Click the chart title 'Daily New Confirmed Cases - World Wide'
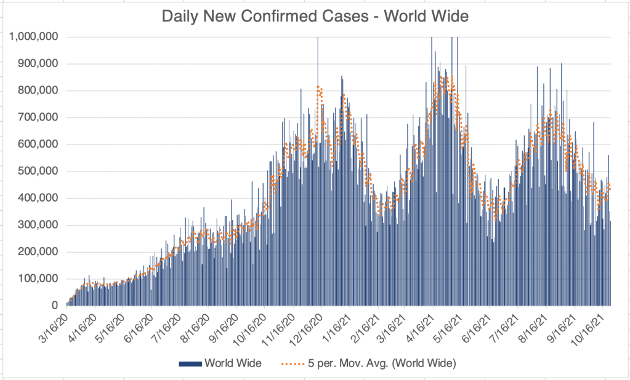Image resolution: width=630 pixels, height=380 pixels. tap(315, 16)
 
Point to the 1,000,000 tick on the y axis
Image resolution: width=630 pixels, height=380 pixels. tap(34, 37)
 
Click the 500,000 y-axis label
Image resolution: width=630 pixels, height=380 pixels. tap(37, 172)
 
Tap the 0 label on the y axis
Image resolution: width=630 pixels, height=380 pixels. tap(55, 306)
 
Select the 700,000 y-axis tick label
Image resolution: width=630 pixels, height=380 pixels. tap(37, 117)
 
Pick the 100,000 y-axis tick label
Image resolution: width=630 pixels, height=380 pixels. tap(37, 279)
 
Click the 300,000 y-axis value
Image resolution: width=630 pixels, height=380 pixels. tap(37, 225)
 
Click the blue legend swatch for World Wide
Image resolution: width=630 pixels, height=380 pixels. tap(190, 364)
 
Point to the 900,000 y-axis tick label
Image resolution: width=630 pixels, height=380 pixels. tap(37, 64)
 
